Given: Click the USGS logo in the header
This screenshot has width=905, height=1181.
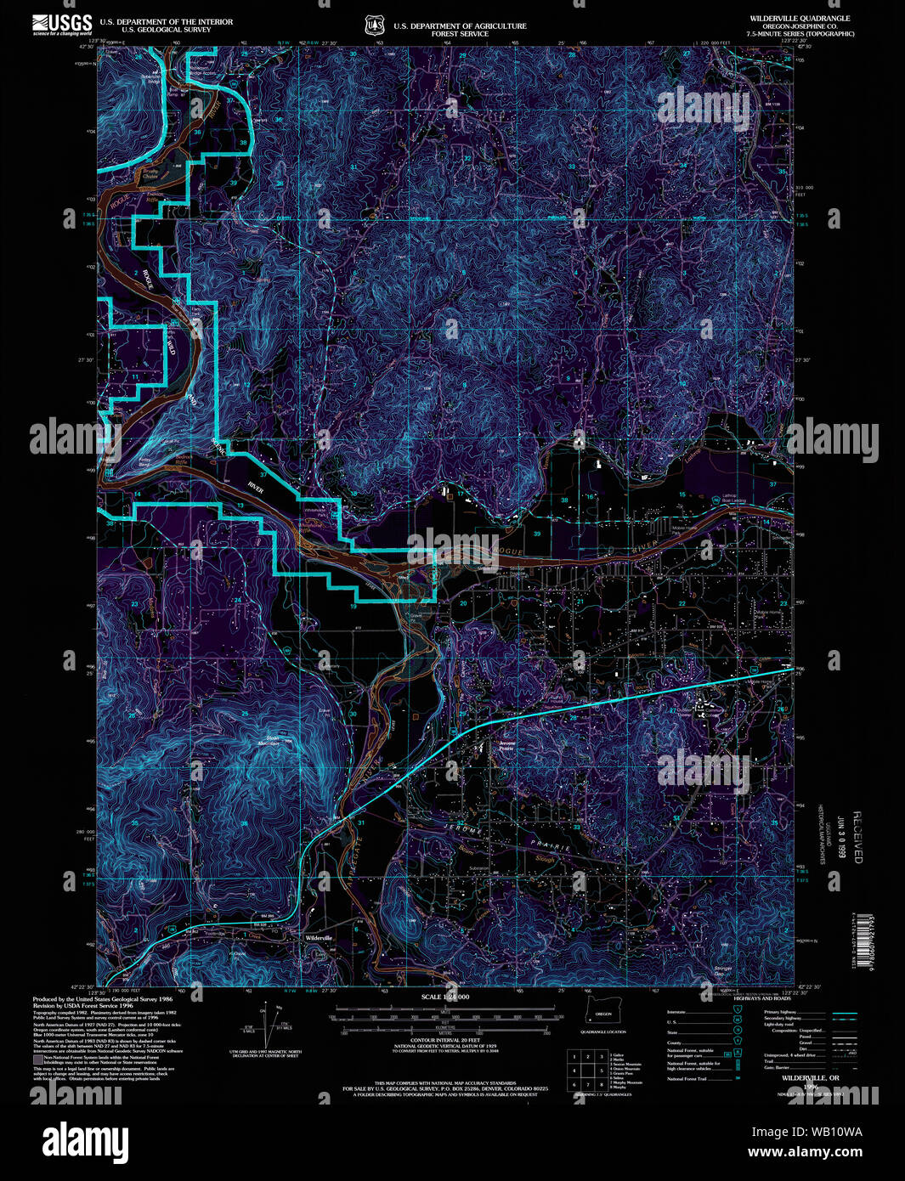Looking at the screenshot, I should (x=62, y=23).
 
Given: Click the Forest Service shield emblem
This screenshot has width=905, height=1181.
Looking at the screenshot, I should (x=374, y=26).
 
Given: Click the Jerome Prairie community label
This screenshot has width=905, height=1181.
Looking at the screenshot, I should (x=507, y=745).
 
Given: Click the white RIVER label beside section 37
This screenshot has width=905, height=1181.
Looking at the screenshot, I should (x=256, y=490).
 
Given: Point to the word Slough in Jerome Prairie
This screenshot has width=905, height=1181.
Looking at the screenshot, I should (x=545, y=859).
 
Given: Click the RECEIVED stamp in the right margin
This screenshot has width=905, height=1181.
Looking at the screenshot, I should (x=857, y=836).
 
